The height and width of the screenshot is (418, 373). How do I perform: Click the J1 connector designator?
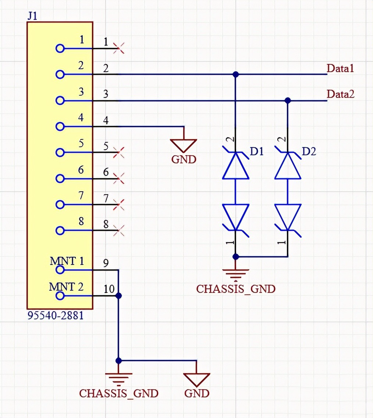32,16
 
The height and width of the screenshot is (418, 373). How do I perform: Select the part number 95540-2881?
55,316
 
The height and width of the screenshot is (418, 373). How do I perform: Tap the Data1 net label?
340,68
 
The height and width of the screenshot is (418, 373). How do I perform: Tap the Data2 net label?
340,94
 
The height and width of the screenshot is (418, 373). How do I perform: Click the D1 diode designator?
257,151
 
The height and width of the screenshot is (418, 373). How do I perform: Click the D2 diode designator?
309,151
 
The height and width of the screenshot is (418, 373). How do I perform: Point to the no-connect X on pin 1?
119,48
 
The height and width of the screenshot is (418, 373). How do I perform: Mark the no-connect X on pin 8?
119,230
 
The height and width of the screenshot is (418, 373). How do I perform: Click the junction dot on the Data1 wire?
236,74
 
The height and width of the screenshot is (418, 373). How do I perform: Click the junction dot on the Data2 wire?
288,100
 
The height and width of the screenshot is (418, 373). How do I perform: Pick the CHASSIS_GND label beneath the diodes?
235,289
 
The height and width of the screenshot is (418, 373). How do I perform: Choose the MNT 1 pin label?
67,261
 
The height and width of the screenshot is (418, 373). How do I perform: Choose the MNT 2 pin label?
67,286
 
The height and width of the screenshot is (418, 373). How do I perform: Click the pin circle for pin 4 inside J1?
60,126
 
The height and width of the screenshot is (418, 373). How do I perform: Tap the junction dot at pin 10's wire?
118,296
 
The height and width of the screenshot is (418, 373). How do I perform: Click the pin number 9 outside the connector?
106,263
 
